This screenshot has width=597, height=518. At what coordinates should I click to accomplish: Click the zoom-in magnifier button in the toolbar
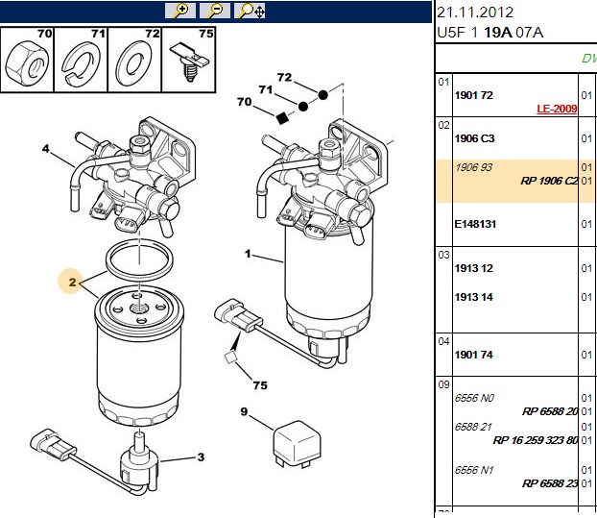pos(180,11)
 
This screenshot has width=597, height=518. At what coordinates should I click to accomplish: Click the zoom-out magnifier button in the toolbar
pos(215,11)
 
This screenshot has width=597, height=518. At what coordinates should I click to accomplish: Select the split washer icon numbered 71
pos(81,62)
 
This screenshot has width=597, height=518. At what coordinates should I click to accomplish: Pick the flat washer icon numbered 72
pos(133,62)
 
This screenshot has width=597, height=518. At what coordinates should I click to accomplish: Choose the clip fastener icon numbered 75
pos(189,62)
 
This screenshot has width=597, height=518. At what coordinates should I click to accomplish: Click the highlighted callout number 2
pos(72,282)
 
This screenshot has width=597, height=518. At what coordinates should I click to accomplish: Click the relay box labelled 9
pos(297,444)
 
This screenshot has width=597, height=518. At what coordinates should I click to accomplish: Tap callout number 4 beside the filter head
pos(46,148)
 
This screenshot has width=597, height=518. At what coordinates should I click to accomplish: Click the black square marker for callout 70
pos(282,118)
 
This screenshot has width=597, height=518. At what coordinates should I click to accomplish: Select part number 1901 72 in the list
pos(473,95)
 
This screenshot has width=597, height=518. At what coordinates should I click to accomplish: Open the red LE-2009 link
pos(557,109)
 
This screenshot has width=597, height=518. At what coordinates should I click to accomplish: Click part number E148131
pos(475,224)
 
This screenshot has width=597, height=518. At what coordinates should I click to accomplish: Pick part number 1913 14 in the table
pos(473,297)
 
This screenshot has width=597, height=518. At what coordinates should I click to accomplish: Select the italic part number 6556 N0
pos(474,398)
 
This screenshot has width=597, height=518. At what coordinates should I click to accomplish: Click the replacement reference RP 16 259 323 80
pos(536,440)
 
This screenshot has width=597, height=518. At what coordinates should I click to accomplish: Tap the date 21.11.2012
pos(475,12)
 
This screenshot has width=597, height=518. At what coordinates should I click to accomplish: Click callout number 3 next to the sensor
pos(201,457)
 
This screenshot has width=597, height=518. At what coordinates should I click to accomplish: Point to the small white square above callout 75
pos(229,358)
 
